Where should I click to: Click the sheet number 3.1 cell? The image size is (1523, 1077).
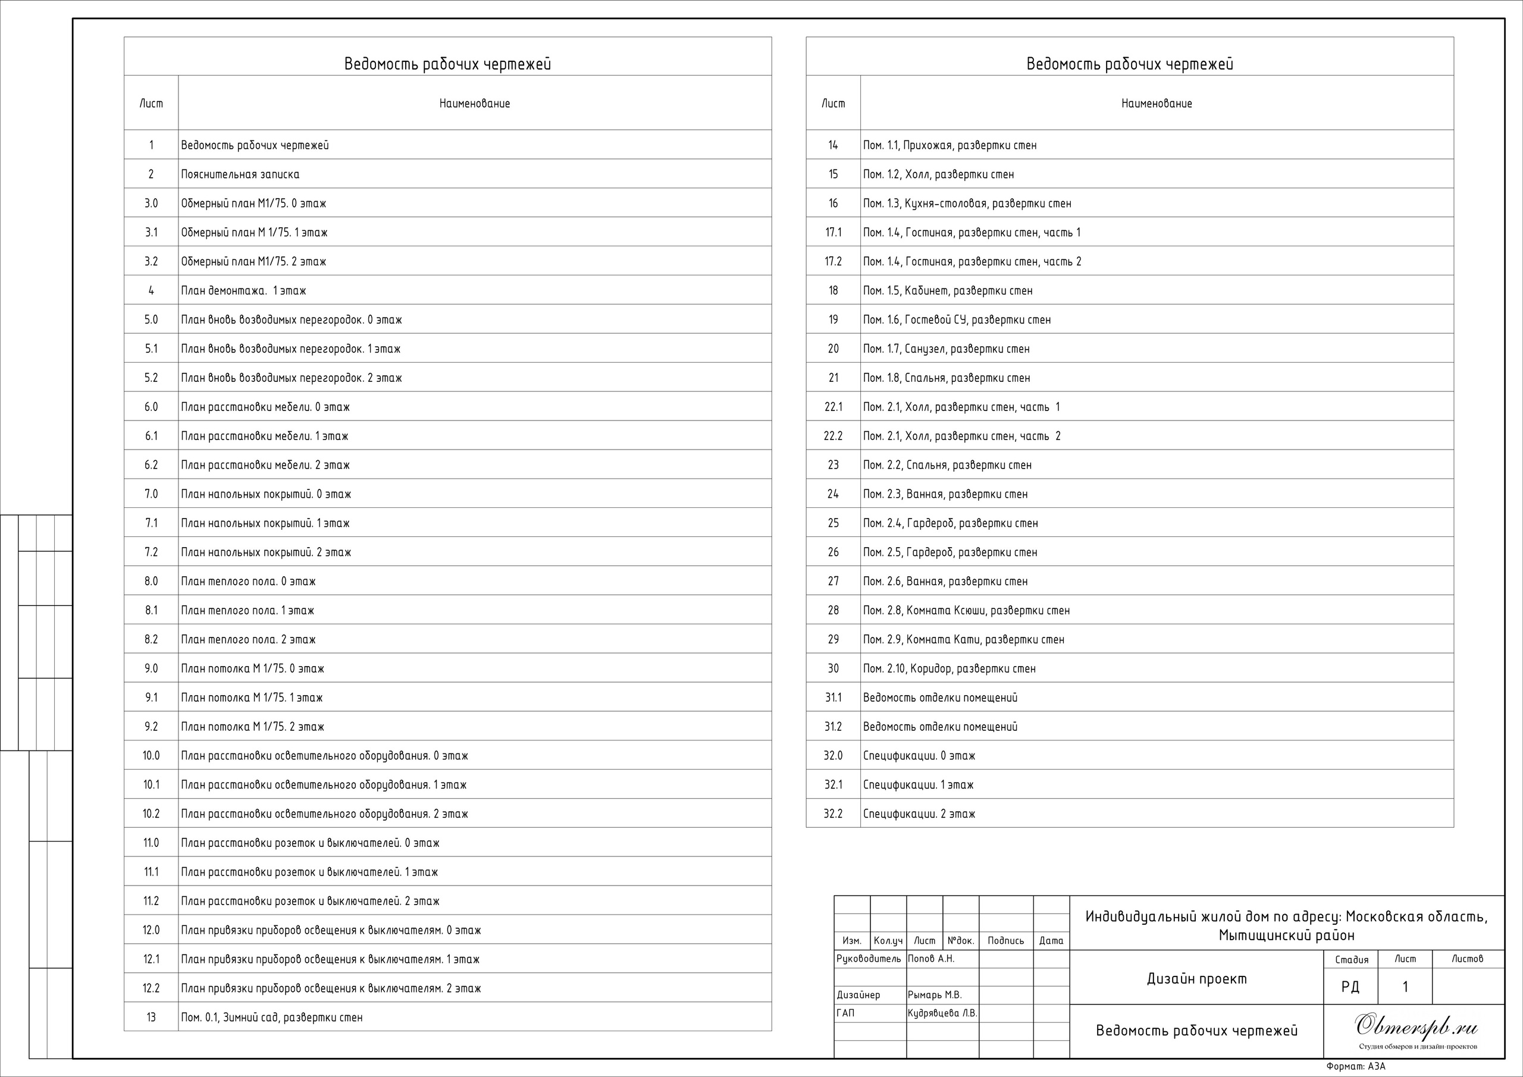151,233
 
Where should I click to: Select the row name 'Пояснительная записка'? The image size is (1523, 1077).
240,174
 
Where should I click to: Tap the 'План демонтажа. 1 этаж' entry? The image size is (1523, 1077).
243,290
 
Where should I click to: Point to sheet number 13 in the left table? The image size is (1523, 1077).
151,1018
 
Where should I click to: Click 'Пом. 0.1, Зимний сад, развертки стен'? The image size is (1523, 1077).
272,1018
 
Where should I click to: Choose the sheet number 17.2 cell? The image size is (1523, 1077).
833,262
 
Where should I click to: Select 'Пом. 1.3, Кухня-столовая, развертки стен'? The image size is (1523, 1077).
967,203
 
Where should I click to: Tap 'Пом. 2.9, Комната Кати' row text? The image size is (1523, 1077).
964,640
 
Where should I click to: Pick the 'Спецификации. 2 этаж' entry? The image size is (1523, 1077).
919,814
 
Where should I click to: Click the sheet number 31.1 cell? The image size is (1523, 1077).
833,698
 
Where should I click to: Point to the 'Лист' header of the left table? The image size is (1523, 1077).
151,103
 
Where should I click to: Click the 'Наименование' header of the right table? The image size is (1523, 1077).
1157,103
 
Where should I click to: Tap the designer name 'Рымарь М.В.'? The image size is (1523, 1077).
935,995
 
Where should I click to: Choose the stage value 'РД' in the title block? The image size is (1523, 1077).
1350,987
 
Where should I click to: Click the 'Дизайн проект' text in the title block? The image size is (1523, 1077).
1196,979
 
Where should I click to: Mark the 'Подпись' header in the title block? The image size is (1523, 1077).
1005,940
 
